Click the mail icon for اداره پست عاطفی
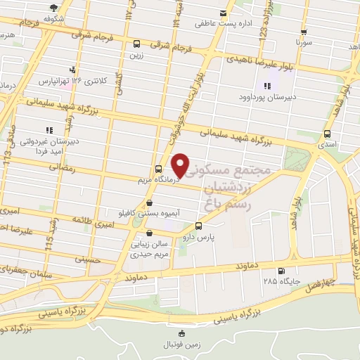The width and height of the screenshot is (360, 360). click(224, 13)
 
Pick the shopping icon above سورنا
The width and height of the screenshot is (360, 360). click(303, 32)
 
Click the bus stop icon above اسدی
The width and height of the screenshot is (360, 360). click(327, 134)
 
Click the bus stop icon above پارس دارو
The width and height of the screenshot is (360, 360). click(198, 226)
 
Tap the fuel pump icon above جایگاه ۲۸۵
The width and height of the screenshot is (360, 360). click(281, 271)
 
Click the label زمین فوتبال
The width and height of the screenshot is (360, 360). click(182, 345)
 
